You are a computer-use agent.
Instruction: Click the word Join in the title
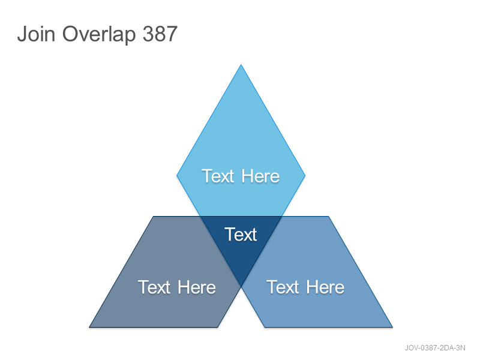[x=36, y=34]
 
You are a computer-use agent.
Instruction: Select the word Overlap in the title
[x=99, y=35]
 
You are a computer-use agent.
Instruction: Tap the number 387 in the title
[x=160, y=34]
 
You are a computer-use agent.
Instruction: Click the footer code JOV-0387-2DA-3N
[x=435, y=348]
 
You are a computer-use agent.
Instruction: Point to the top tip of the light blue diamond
[x=241, y=65]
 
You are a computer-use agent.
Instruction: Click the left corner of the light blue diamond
[x=176, y=176]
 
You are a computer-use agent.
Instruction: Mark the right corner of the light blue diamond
[x=305, y=176]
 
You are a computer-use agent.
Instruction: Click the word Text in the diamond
[x=218, y=176]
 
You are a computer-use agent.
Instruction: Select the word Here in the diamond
[x=260, y=176]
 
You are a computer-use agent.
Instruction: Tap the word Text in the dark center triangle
[x=241, y=235]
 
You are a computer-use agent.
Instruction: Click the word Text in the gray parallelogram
[x=154, y=287]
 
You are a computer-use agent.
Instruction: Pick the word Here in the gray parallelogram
[x=197, y=287]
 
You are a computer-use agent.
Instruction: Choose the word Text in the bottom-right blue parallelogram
[x=283, y=287]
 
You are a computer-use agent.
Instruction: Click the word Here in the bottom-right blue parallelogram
[x=325, y=287]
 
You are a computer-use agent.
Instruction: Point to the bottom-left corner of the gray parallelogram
[x=89, y=327]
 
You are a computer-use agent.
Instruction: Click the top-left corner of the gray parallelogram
[x=154, y=217]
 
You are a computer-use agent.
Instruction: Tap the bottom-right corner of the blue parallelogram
[x=392, y=327]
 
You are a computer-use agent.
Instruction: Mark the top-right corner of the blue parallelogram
[x=328, y=217]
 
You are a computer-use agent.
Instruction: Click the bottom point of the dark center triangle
[x=241, y=287]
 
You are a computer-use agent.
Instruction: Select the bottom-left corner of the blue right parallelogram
[x=265, y=327]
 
